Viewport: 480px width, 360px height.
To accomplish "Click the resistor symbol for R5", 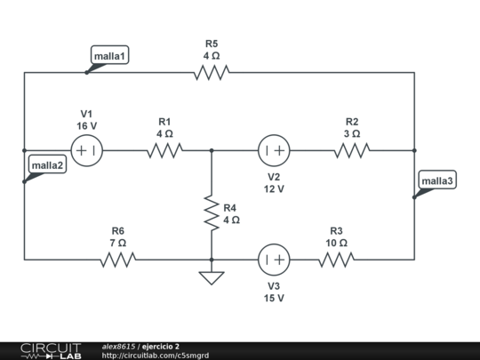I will [x=212, y=73].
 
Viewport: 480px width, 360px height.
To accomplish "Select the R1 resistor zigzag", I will [x=164, y=151].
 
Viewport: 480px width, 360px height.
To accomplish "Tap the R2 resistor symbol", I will [x=352, y=151].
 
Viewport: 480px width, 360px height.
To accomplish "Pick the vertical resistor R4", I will [x=212, y=211].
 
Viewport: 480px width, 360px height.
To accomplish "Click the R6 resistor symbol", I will [x=118, y=260].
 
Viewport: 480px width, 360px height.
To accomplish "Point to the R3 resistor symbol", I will [x=336, y=260].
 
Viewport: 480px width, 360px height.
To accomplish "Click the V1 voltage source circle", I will [x=86, y=151].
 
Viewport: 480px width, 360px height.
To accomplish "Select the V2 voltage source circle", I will [x=274, y=151].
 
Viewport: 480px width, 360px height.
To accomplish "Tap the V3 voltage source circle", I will [x=274, y=260].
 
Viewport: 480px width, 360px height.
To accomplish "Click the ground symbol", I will [x=212, y=277].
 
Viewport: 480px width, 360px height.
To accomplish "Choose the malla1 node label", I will [x=111, y=56].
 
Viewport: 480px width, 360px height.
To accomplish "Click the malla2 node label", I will [x=47, y=165].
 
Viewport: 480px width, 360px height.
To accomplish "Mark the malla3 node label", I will [x=437, y=181].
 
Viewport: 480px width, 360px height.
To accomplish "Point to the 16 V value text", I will [x=86, y=126].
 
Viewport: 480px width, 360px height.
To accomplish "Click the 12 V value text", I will [x=274, y=188].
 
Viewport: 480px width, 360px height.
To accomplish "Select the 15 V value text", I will [x=274, y=298].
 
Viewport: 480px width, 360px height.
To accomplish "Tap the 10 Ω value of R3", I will [x=336, y=243].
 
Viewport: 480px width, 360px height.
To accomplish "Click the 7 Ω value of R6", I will [x=118, y=243].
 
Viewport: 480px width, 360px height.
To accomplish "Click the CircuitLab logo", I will [x=52, y=350].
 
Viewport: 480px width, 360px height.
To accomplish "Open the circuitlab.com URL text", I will [x=156, y=356].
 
